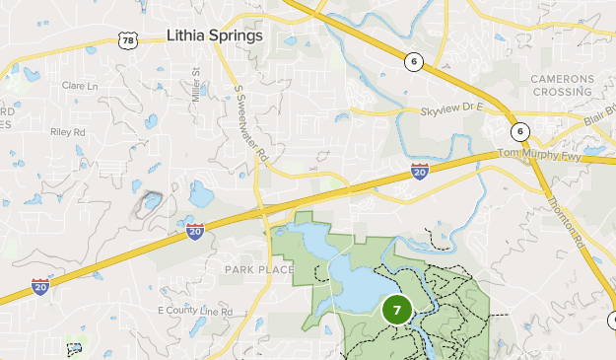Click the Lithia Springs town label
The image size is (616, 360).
pyautogui.click(x=215, y=36)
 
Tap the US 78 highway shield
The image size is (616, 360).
pyautogui.click(x=126, y=39)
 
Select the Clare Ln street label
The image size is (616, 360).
pyautogui.click(x=80, y=86)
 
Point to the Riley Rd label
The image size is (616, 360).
pyautogui.click(x=68, y=130)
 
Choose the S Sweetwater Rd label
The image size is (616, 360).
pyautogui.click(x=251, y=123)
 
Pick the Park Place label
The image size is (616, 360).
pyautogui.click(x=259, y=269)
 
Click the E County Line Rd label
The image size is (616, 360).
pyautogui.click(x=195, y=311)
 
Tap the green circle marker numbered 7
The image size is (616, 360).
pyautogui.click(x=397, y=310)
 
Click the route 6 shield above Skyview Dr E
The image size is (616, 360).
pyautogui.click(x=413, y=62)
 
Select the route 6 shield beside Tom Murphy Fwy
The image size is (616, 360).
pyautogui.click(x=519, y=132)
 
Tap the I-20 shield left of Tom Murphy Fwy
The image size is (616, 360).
pyautogui.click(x=420, y=173)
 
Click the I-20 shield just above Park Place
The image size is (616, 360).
pyautogui.click(x=195, y=232)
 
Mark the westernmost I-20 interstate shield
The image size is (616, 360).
pyautogui.click(x=40, y=286)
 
